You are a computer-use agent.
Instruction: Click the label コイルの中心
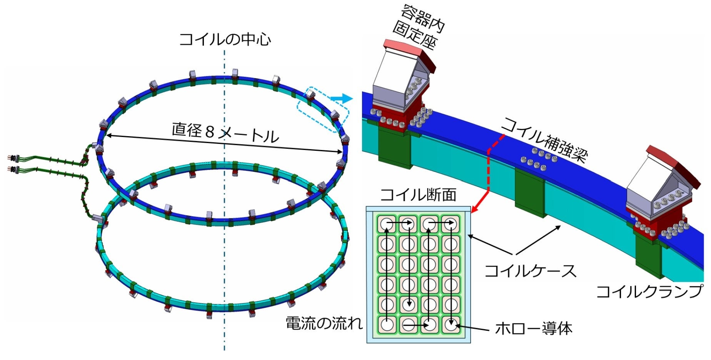coord(225,40)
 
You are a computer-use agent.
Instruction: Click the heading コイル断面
coord(418,195)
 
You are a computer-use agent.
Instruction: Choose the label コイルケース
coord(530,271)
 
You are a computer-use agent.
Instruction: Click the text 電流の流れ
coord(324,323)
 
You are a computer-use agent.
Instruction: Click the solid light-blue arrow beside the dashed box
coord(342,98)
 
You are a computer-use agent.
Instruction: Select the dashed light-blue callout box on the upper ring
coord(323,110)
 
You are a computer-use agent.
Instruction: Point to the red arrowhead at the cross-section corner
coord(474,209)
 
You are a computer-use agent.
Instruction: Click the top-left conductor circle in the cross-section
coord(387,224)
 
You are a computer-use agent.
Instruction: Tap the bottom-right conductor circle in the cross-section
coord(451,325)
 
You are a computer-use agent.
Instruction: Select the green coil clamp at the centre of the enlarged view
coord(529,192)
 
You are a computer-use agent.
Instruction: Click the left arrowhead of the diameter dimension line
coord(108,135)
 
